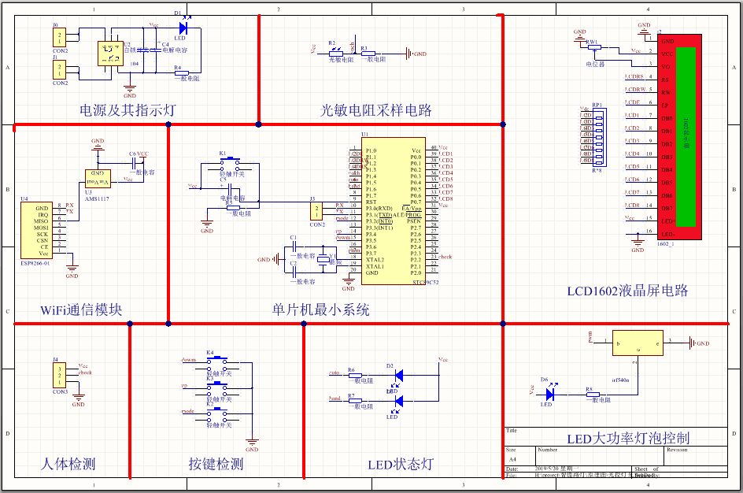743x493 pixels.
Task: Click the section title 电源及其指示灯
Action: (128, 110)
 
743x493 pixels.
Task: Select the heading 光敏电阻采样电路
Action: (376, 110)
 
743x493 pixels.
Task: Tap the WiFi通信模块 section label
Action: (81, 310)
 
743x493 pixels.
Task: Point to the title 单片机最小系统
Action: (321, 310)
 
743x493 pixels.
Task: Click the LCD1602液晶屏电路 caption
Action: (627, 291)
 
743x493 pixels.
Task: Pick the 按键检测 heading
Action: (216, 464)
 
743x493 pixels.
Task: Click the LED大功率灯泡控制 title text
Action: (628, 439)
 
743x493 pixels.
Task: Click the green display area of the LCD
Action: (686, 135)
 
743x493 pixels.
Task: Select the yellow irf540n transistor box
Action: (638, 343)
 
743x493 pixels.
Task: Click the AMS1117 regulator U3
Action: (98, 180)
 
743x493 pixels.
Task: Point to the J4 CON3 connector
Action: (59, 375)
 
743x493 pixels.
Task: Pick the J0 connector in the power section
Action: (59, 37)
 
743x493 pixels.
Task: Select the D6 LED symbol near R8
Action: (550, 391)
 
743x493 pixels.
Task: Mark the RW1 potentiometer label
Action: (592, 40)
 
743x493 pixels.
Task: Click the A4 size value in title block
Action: (512, 458)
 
